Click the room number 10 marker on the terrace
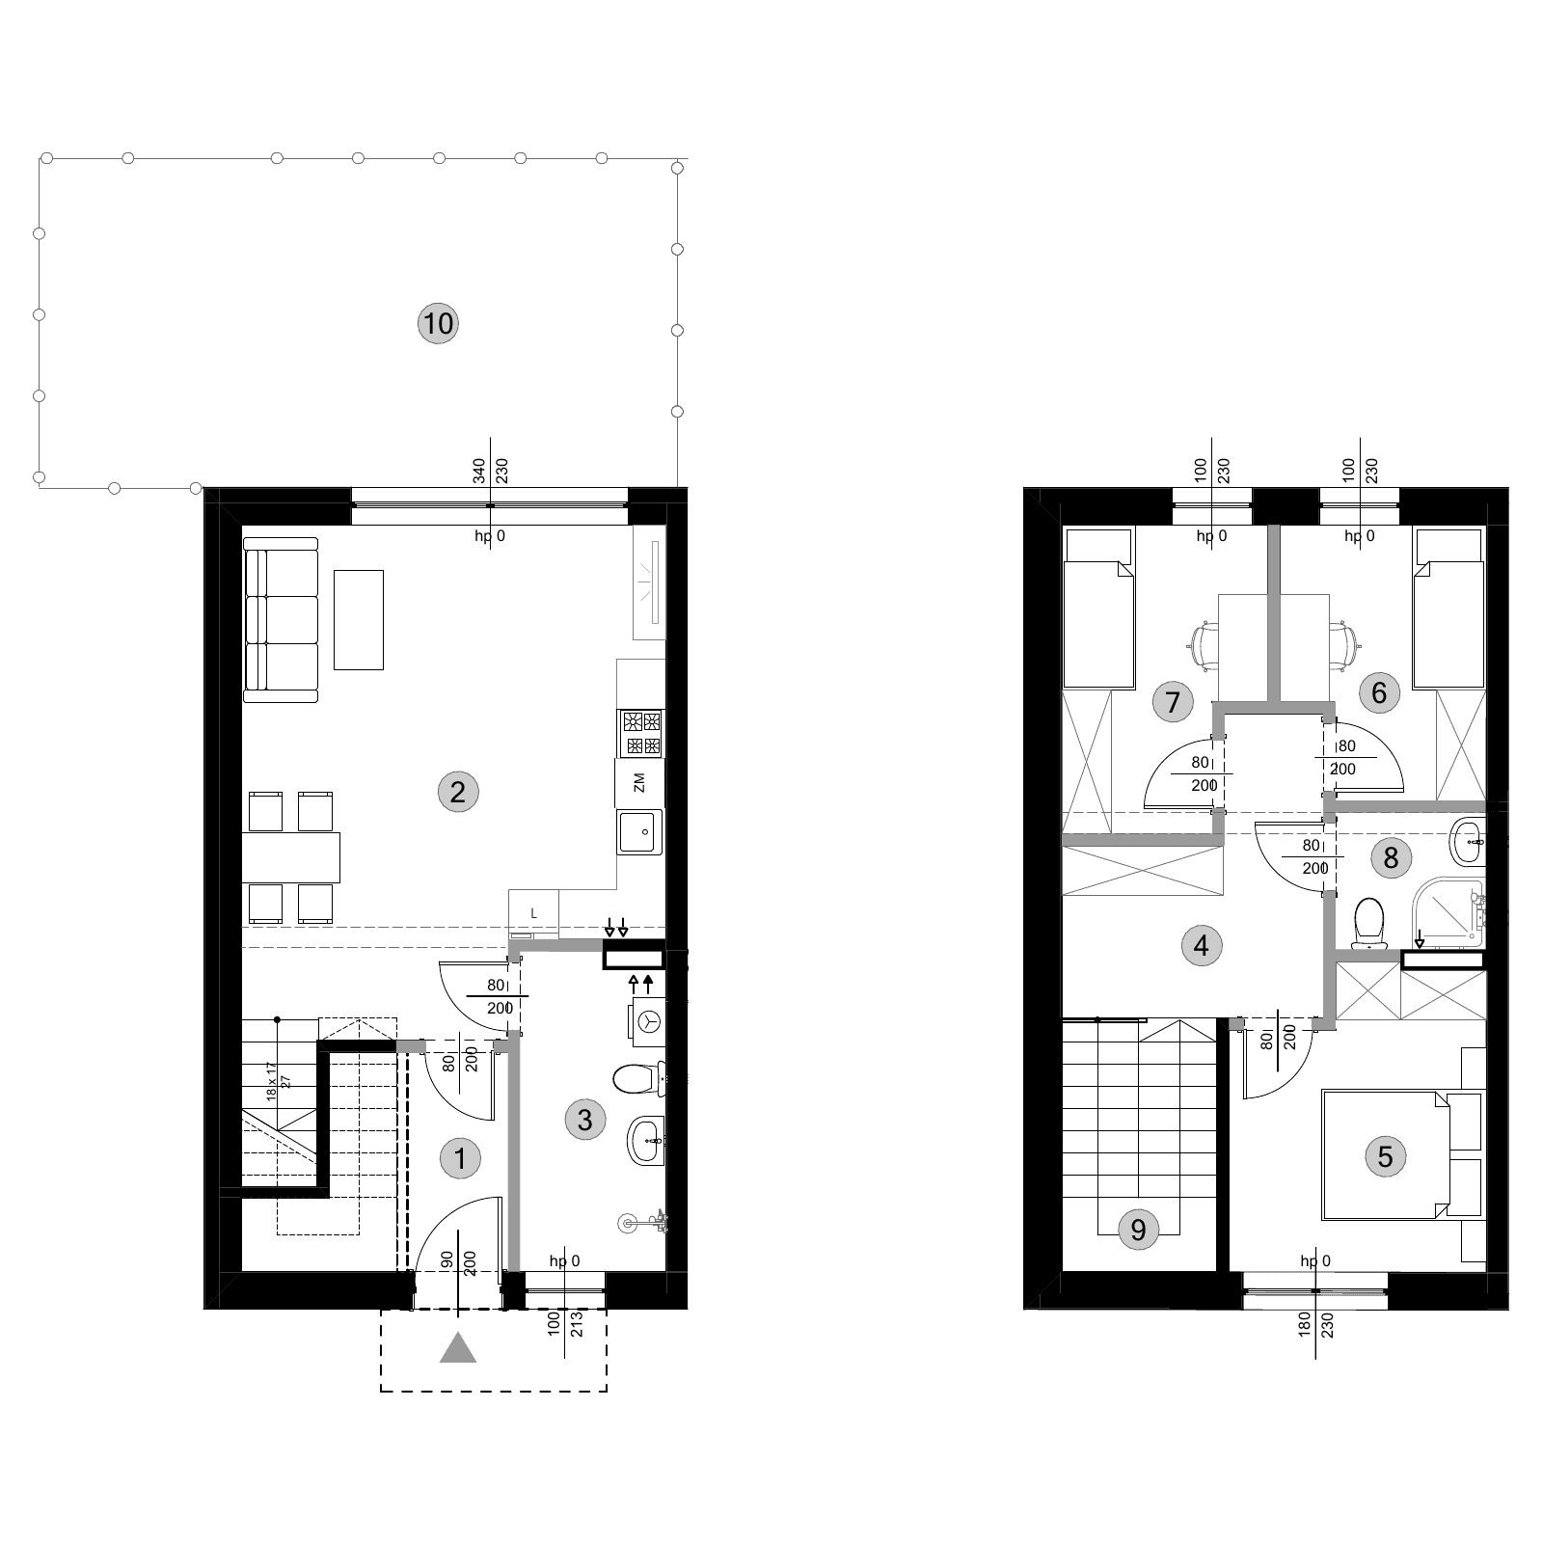pos(438,323)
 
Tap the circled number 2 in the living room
pos(458,792)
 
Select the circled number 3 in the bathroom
pos(584,1120)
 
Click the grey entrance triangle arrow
pos(458,1347)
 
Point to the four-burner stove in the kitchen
pos(641,733)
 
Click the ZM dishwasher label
pos(639,782)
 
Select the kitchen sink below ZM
pos(640,831)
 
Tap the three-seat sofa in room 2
pos(281,620)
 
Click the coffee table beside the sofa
pos(359,619)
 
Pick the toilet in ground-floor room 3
pos(638,1079)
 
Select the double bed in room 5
pos(1386,1155)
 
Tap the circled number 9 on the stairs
pos(1138,1230)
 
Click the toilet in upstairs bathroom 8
pos(1368,924)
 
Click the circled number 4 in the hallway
pos(1201,945)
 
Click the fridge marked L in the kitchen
pos(533,913)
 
